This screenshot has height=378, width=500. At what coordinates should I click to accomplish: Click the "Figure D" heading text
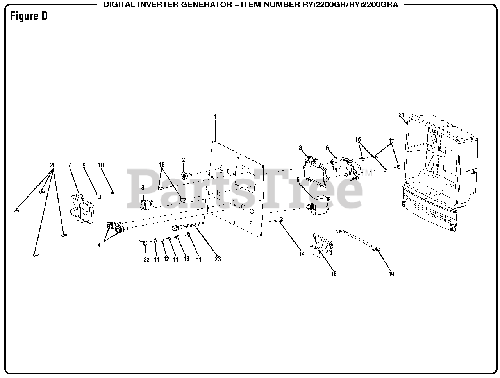[29, 16]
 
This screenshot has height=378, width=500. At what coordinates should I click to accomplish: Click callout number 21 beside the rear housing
[401, 115]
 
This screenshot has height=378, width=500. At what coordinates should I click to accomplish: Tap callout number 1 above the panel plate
[215, 116]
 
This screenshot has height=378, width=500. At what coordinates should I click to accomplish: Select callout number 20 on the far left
[53, 165]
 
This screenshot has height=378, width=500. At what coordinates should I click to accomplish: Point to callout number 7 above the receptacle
[70, 165]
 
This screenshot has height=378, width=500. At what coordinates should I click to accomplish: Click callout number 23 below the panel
[218, 259]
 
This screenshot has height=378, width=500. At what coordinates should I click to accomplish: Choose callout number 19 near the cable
[391, 274]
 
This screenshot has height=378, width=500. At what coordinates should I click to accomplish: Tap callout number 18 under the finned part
[334, 274]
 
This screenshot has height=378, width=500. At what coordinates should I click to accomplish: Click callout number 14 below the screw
[302, 254]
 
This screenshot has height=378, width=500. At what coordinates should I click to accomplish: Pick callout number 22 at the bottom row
[146, 260]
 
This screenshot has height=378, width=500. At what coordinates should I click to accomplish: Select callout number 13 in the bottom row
[186, 259]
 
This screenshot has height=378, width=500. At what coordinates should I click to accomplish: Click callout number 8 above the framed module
[300, 148]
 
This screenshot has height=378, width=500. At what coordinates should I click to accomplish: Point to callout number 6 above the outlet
[327, 148]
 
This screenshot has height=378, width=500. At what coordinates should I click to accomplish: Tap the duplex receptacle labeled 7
[82, 208]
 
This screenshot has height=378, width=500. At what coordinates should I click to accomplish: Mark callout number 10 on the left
[101, 165]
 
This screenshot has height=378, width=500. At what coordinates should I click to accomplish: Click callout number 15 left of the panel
[162, 165]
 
